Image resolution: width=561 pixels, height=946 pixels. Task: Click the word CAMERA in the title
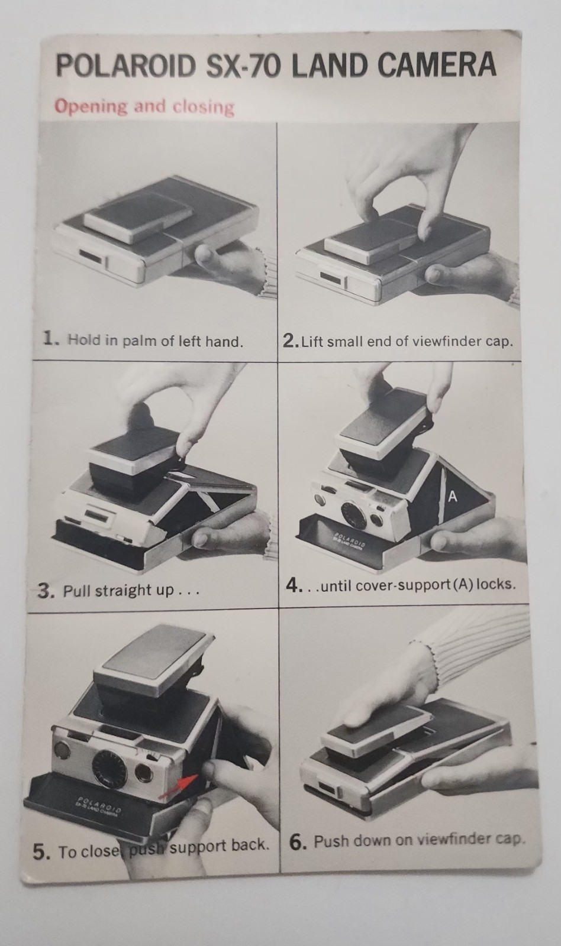click(437, 64)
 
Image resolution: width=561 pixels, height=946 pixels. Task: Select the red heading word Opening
click(91, 107)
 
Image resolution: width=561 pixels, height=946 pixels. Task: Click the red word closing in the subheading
click(204, 107)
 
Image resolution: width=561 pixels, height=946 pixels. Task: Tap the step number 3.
click(45, 591)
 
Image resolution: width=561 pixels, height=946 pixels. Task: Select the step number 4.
click(293, 585)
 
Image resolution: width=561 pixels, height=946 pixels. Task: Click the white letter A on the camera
click(453, 497)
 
